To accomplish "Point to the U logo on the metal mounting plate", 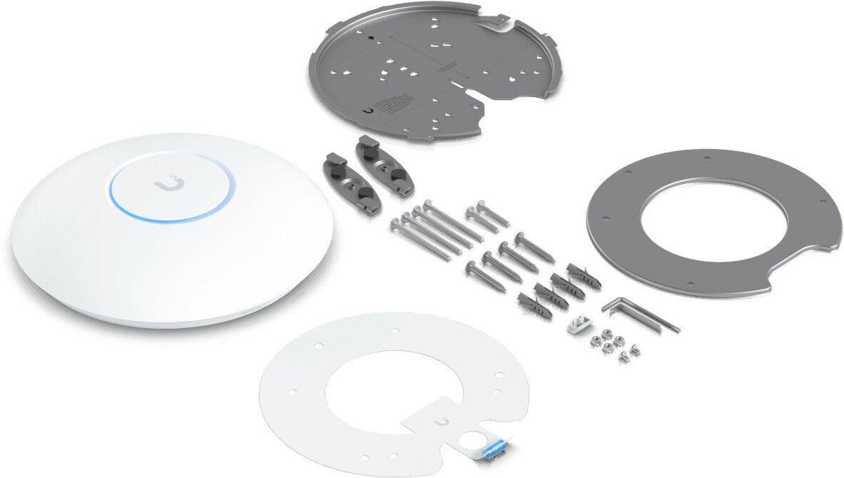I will [x=367, y=111].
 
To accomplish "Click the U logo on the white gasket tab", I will [x=445, y=424].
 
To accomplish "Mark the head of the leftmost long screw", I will [x=395, y=225].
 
